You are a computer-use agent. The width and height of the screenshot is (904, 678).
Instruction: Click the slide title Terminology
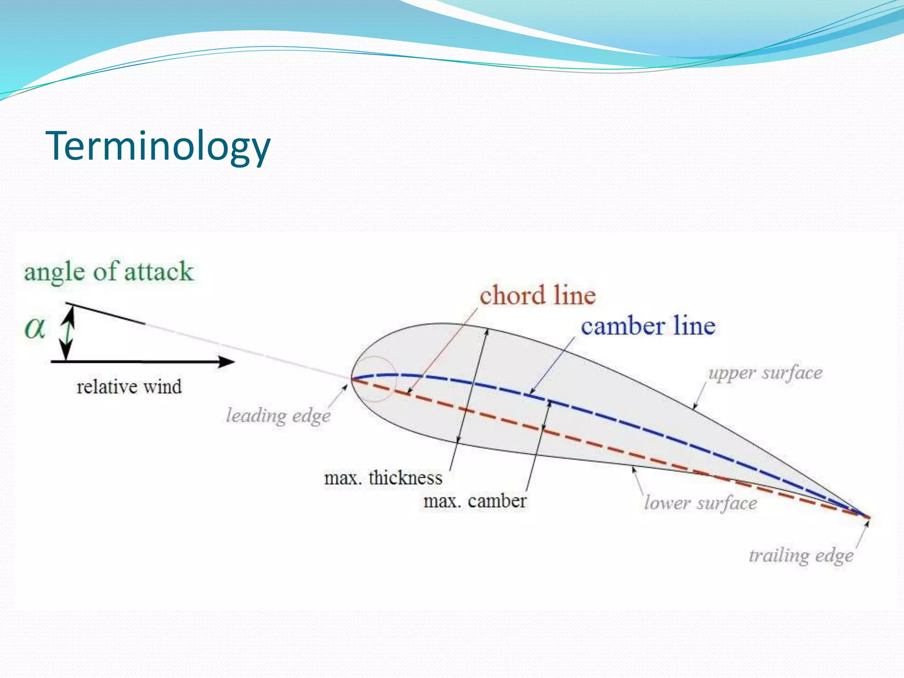point(158,146)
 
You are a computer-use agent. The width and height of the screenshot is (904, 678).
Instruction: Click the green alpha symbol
point(35,328)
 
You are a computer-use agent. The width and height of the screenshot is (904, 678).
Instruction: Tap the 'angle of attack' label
point(109,271)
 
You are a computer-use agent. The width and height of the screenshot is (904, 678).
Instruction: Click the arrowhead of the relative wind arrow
point(228,362)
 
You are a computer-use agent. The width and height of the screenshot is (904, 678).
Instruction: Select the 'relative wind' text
point(129,387)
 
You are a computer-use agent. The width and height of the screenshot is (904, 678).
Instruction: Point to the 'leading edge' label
point(278,416)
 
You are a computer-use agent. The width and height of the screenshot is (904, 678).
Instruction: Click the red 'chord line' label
point(538,295)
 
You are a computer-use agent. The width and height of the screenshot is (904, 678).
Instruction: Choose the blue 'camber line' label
point(648,327)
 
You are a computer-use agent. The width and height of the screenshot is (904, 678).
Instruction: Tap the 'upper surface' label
point(765,373)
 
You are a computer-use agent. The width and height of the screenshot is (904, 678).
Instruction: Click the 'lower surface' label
point(701,503)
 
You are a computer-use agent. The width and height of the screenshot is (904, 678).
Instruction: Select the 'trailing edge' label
point(801,556)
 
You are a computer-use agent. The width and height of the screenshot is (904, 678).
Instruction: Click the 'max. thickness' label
point(383,478)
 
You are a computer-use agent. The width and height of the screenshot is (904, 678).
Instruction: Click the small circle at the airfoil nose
point(374,378)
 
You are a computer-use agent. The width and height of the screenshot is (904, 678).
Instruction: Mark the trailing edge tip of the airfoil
point(868,517)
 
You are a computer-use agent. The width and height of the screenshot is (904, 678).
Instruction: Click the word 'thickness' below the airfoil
point(405,478)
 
